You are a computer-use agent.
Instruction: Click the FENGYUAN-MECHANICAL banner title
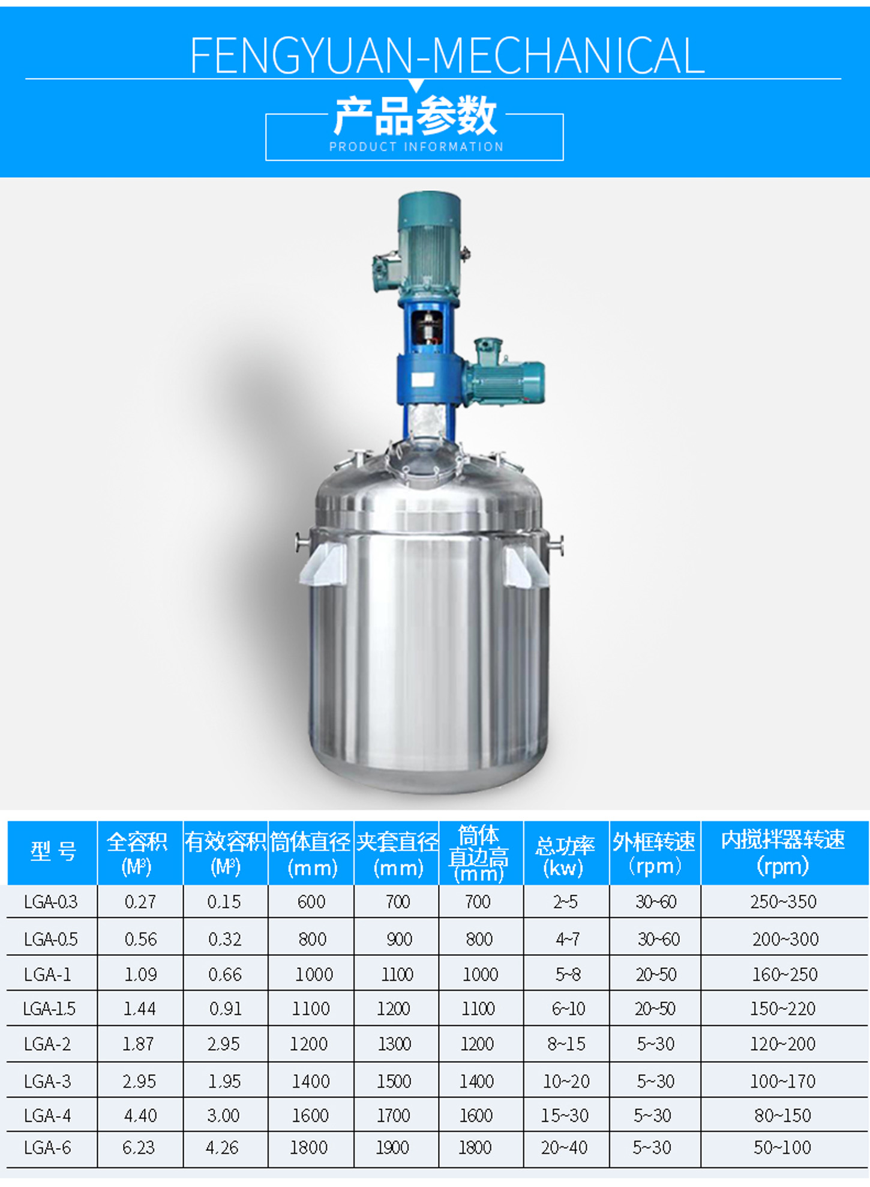(447, 55)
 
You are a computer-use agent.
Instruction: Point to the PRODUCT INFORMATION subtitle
(416, 146)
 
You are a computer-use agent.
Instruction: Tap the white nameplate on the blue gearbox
(422, 379)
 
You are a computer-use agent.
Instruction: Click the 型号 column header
(53, 851)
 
